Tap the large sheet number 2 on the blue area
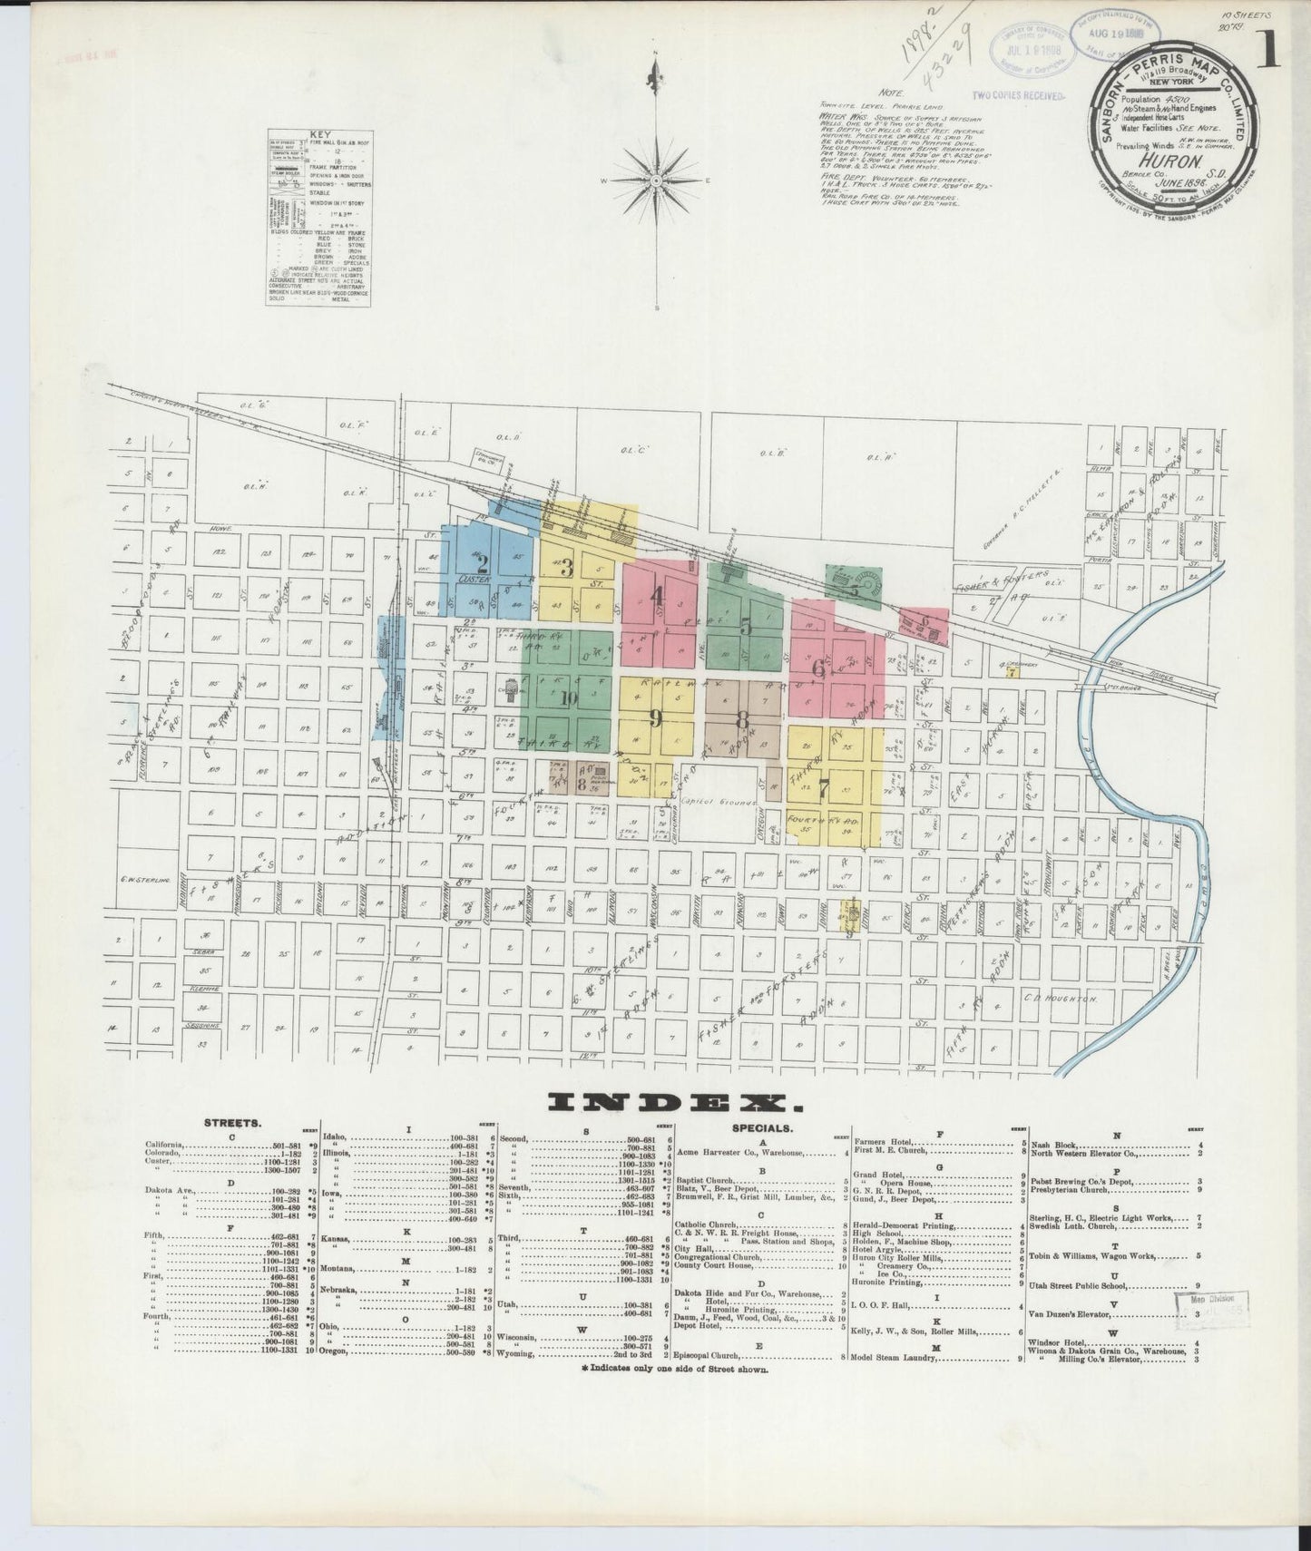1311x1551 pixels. [483, 561]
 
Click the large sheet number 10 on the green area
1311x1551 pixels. [569, 697]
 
